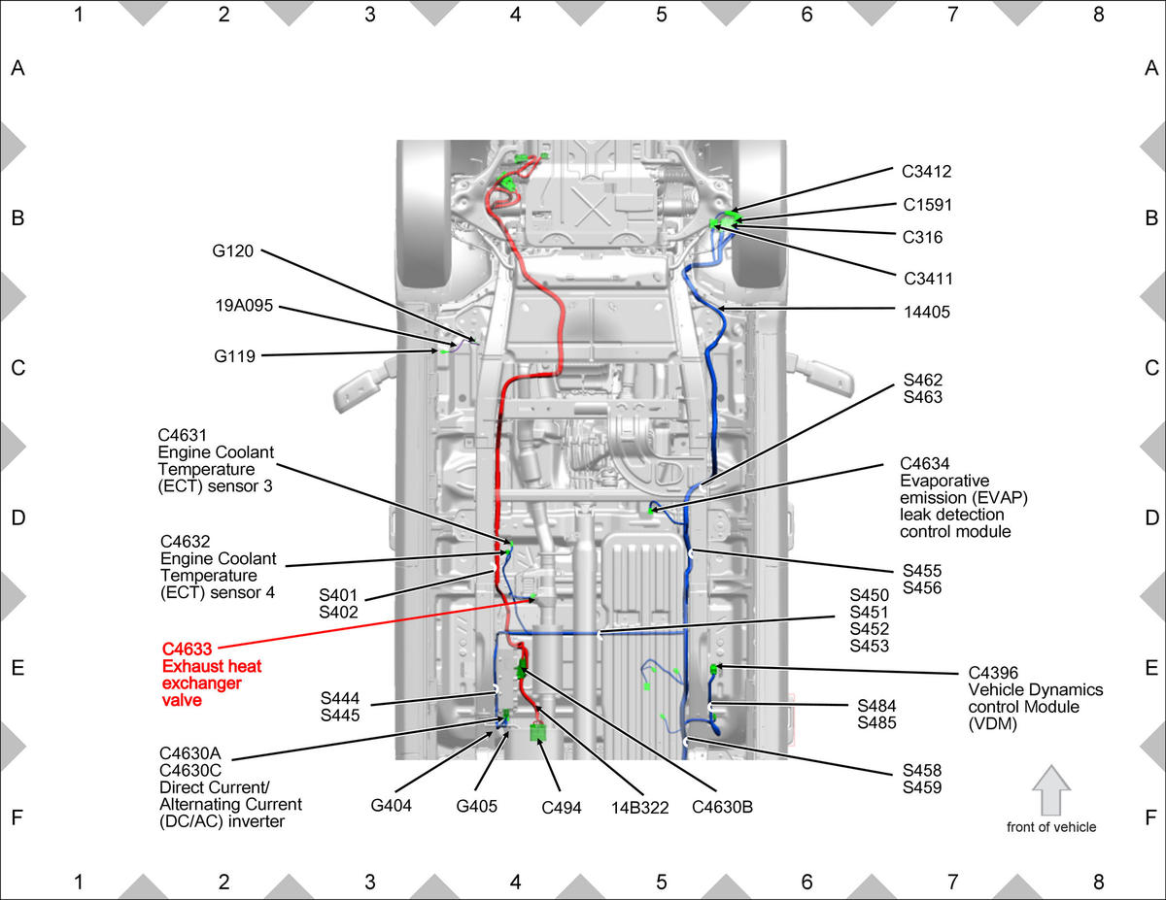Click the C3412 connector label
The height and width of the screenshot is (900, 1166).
point(926,172)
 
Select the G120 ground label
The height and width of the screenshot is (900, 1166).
point(232,250)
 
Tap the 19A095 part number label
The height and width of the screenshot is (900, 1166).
point(244,306)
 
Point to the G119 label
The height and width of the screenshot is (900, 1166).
point(234,356)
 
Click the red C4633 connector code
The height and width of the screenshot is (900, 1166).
point(187,650)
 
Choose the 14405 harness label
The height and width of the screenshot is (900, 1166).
point(927,312)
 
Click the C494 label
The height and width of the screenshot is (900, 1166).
point(562,807)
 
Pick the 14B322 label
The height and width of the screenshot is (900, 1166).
point(639,807)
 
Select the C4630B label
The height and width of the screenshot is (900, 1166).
point(722,807)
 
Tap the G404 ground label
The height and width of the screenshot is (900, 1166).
point(391,805)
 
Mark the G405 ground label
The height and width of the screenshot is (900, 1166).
point(476,806)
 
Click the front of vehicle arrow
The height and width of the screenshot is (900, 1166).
point(1051,790)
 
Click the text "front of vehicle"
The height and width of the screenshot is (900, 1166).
point(1051,827)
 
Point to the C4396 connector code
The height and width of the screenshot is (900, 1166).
point(993,673)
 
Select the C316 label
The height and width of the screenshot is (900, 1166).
point(922,237)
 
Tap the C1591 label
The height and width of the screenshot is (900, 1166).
point(927,205)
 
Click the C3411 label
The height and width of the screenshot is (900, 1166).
point(928,279)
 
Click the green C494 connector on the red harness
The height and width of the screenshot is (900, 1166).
point(537,732)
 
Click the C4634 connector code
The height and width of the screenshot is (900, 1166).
point(924,464)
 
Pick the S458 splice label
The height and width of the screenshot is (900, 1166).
point(922,770)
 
